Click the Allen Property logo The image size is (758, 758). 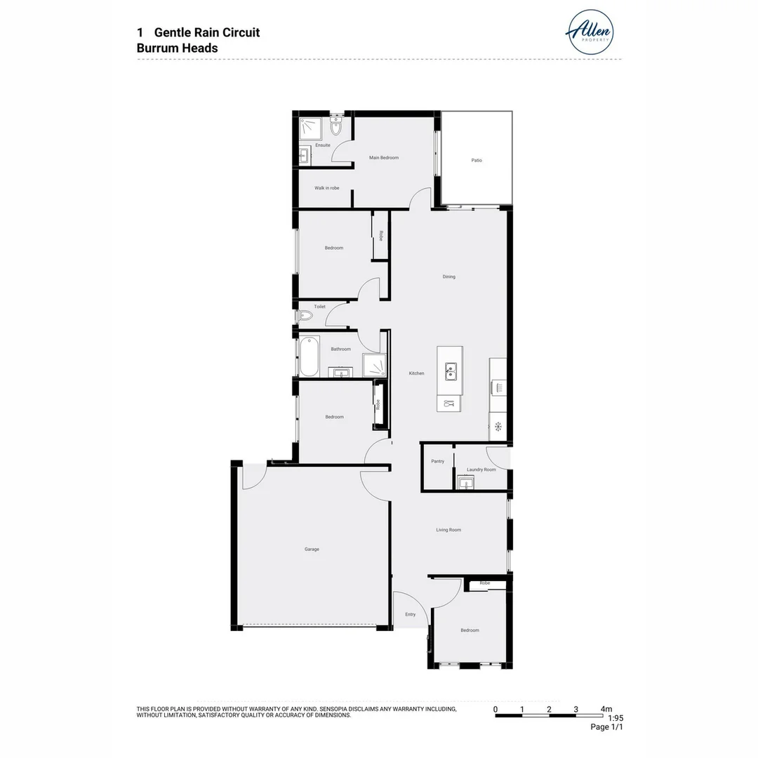pyautogui.click(x=590, y=32)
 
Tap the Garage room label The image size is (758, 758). pyautogui.click(x=312, y=549)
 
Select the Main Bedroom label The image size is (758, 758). pyautogui.click(x=384, y=158)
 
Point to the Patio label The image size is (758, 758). pyautogui.click(x=477, y=160)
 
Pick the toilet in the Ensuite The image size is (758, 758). pyautogui.click(x=335, y=128)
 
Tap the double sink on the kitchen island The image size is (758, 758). pyautogui.click(x=449, y=370)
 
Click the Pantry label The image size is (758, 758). pyautogui.click(x=437, y=461)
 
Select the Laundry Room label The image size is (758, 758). pyautogui.click(x=481, y=470)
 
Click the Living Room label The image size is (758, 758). pyautogui.click(x=448, y=530)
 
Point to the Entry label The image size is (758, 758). pyautogui.click(x=410, y=614)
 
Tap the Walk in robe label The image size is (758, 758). pyautogui.click(x=326, y=188)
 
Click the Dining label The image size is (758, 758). pyautogui.click(x=448, y=277)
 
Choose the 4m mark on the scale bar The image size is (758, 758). pyautogui.click(x=606, y=709)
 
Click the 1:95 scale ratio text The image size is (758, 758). pyautogui.click(x=615, y=718)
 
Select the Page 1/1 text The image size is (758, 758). pyautogui.click(x=606, y=727)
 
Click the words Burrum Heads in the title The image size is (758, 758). pyautogui.click(x=177, y=48)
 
